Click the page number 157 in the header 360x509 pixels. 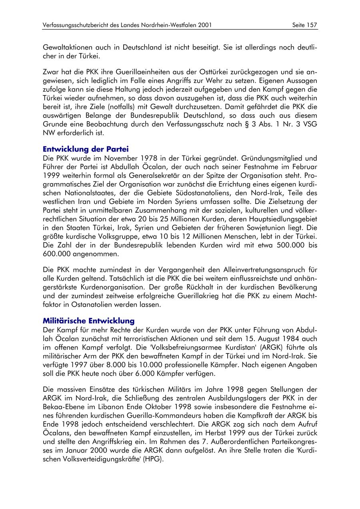(312, 25)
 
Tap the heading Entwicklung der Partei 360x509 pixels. (86, 150)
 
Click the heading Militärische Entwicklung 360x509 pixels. (88, 321)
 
